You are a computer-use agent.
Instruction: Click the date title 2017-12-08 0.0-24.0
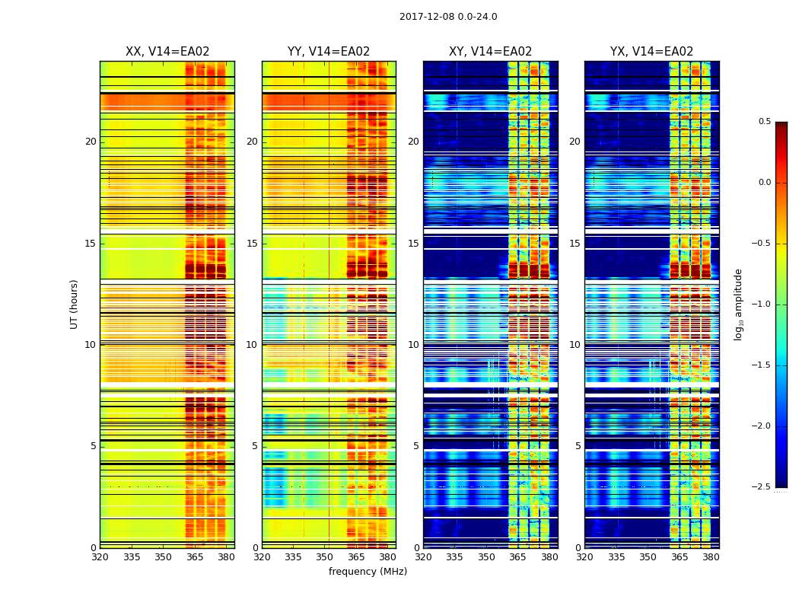(x=448, y=17)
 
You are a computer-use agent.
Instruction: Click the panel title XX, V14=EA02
(x=167, y=52)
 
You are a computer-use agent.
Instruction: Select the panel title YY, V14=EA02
(x=329, y=52)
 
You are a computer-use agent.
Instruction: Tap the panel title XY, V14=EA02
(x=490, y=52)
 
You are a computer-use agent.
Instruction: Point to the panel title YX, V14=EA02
(x=651, y=52)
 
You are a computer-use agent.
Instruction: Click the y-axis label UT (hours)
(x=74, y=304)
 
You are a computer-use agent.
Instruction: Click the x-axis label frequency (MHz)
(x=368, y=572)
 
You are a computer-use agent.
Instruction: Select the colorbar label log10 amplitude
(x=738, y=304)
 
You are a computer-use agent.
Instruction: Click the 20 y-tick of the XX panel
(x=91, y=142)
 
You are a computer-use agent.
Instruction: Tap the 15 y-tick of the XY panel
(x=413, y=244)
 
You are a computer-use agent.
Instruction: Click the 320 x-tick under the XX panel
(x=100, y=556)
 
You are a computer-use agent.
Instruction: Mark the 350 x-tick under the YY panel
(x=325, y=556)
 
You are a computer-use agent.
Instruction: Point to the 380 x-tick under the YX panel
(x=711, y=556)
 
